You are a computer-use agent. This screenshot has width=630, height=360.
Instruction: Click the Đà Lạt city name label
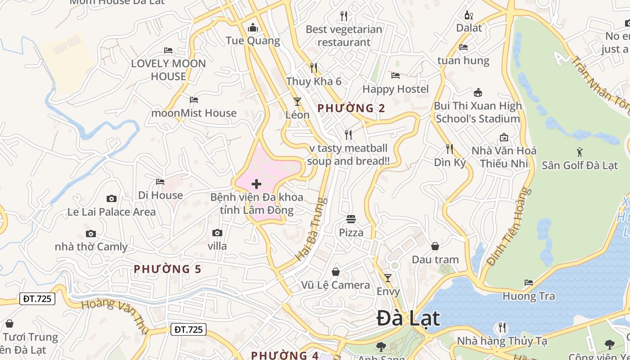pyautogui.click(x=408, y=319)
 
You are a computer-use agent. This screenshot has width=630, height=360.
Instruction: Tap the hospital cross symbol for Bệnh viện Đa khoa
pyautogui.click(x=256, y=184)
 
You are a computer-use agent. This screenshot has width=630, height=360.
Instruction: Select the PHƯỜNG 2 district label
pyautogui.click(x=351, y=108)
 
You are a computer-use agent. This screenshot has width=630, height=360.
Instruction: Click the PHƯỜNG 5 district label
pyautogui.click(x=167, y=269)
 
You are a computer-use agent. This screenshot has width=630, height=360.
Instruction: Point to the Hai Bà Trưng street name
pyautogui.click(x=310, y=229)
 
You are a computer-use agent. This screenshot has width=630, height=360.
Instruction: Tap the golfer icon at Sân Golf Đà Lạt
pyautogui.click(x=580, y=152)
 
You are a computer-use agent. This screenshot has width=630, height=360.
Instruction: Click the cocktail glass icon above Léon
pyautogui.click(x=297, y=102)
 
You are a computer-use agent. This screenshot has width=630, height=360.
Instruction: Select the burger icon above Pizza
pyautogui.click(x=351, y=220)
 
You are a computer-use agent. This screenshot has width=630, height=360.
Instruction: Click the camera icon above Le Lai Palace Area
pyautogui.click(x=112, y=198)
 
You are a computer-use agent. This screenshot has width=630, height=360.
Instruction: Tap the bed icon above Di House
pyautogui.click(x=160, y=182)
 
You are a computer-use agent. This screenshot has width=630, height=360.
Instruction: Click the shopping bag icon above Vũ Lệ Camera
pyautogui.click(x=336, y=272)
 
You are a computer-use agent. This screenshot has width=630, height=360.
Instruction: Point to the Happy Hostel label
pyautogui.click(x=396, y=89)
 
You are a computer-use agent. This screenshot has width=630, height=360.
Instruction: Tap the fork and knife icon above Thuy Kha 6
pyautogui.click(x=314, y=68)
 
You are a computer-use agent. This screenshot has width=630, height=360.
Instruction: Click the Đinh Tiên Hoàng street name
pyautogui.click(x=507, y=227)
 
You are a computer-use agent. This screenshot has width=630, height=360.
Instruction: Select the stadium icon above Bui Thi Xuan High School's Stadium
pyautogui.click(x=478, y=93)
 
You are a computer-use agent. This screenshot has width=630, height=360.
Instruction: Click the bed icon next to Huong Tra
pyautogui.click(x=529, y=283)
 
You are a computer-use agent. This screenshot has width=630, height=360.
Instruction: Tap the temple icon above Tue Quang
pyautogui.click(x=253, y=28)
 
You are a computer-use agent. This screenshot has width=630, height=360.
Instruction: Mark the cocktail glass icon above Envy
pyautogui.click(x=388, y=278)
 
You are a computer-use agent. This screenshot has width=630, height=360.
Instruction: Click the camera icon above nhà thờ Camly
pyautogui.click(x=91, y=234)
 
